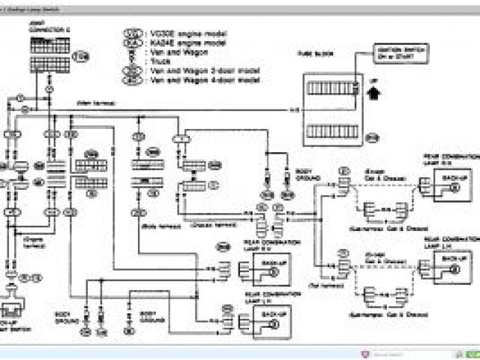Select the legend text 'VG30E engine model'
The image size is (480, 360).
click(177, 34)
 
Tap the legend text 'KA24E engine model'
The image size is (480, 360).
click(177, 43)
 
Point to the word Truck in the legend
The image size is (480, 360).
click(160, 61)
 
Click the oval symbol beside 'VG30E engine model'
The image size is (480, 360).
click(130, 34)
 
